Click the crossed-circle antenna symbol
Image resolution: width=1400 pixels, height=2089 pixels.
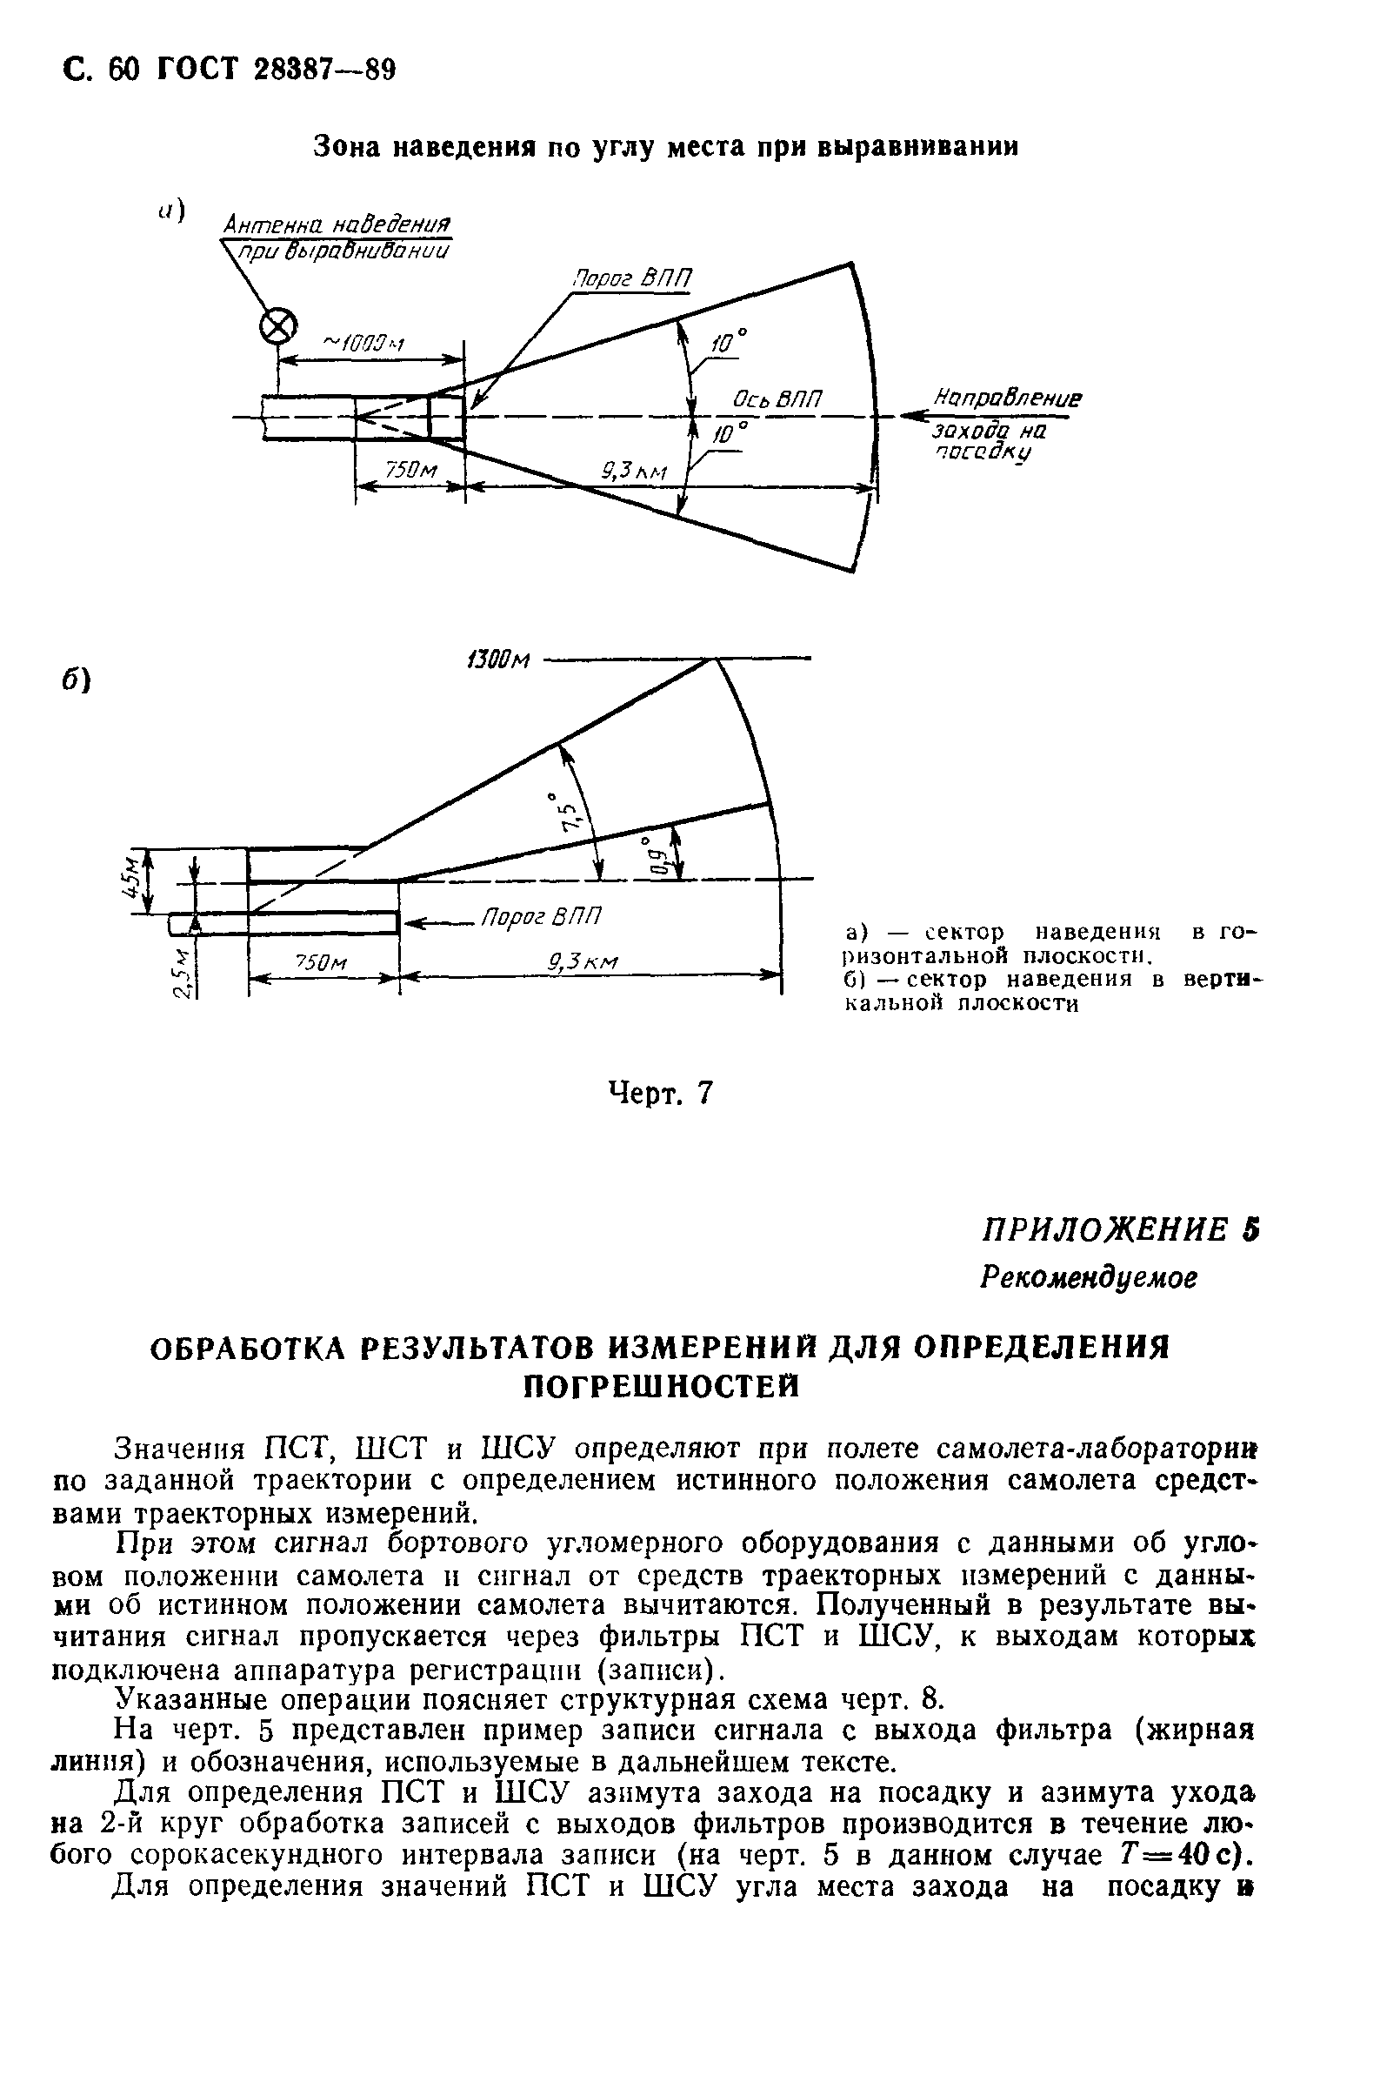coord(277,328)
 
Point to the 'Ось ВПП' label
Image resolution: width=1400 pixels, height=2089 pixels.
coord(776,399)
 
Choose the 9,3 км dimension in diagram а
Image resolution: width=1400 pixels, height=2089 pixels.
coord(635,471)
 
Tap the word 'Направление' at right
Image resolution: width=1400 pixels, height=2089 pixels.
coord(1007,398)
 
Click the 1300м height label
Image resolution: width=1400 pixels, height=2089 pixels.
coord(498,660)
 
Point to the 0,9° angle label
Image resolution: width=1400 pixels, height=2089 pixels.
coord(657,854)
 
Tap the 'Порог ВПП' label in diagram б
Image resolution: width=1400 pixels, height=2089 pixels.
coord(541,917)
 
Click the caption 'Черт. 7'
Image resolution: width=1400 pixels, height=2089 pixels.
coord(661,1092)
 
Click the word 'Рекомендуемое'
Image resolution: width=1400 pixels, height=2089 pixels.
coord(1088,1277)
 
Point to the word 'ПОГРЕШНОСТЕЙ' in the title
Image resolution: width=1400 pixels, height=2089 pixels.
coord(660,1386)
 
